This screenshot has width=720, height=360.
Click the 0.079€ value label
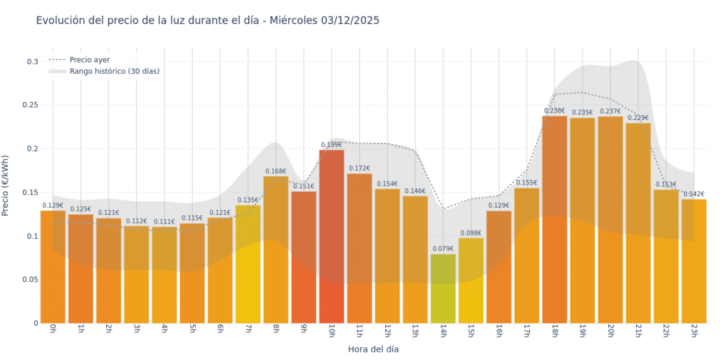pos(443,249)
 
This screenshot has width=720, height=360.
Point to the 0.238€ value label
pos(555,111)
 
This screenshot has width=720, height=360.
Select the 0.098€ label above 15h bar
pos(471,233)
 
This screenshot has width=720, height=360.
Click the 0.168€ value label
pos(276,171)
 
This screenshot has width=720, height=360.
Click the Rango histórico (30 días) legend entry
pos(114,71)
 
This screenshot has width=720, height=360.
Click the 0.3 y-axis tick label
pos(32,62)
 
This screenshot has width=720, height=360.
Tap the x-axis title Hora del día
pos(373,349)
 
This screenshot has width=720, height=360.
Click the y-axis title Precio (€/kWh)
pos(6,186)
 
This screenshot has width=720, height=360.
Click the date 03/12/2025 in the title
pos(349,20)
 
